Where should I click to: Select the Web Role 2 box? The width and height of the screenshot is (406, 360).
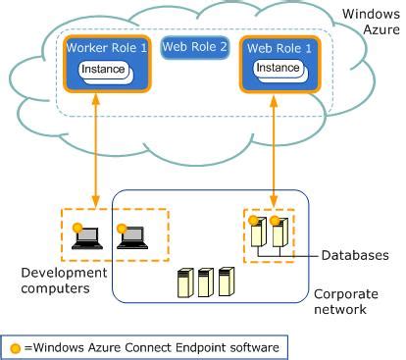[x=195, y=47]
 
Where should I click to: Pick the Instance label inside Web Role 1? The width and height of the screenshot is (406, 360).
[x=279, y=69]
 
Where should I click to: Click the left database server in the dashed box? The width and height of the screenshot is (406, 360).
[x=258, y=231]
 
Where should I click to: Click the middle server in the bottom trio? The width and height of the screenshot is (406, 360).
[x=204, y=283]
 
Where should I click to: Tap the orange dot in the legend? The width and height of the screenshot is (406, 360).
[x=16, y=345]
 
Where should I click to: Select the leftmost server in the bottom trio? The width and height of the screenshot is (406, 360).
[x=182, y=283]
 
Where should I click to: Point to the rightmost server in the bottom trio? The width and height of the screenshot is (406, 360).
[x=226, y=283]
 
